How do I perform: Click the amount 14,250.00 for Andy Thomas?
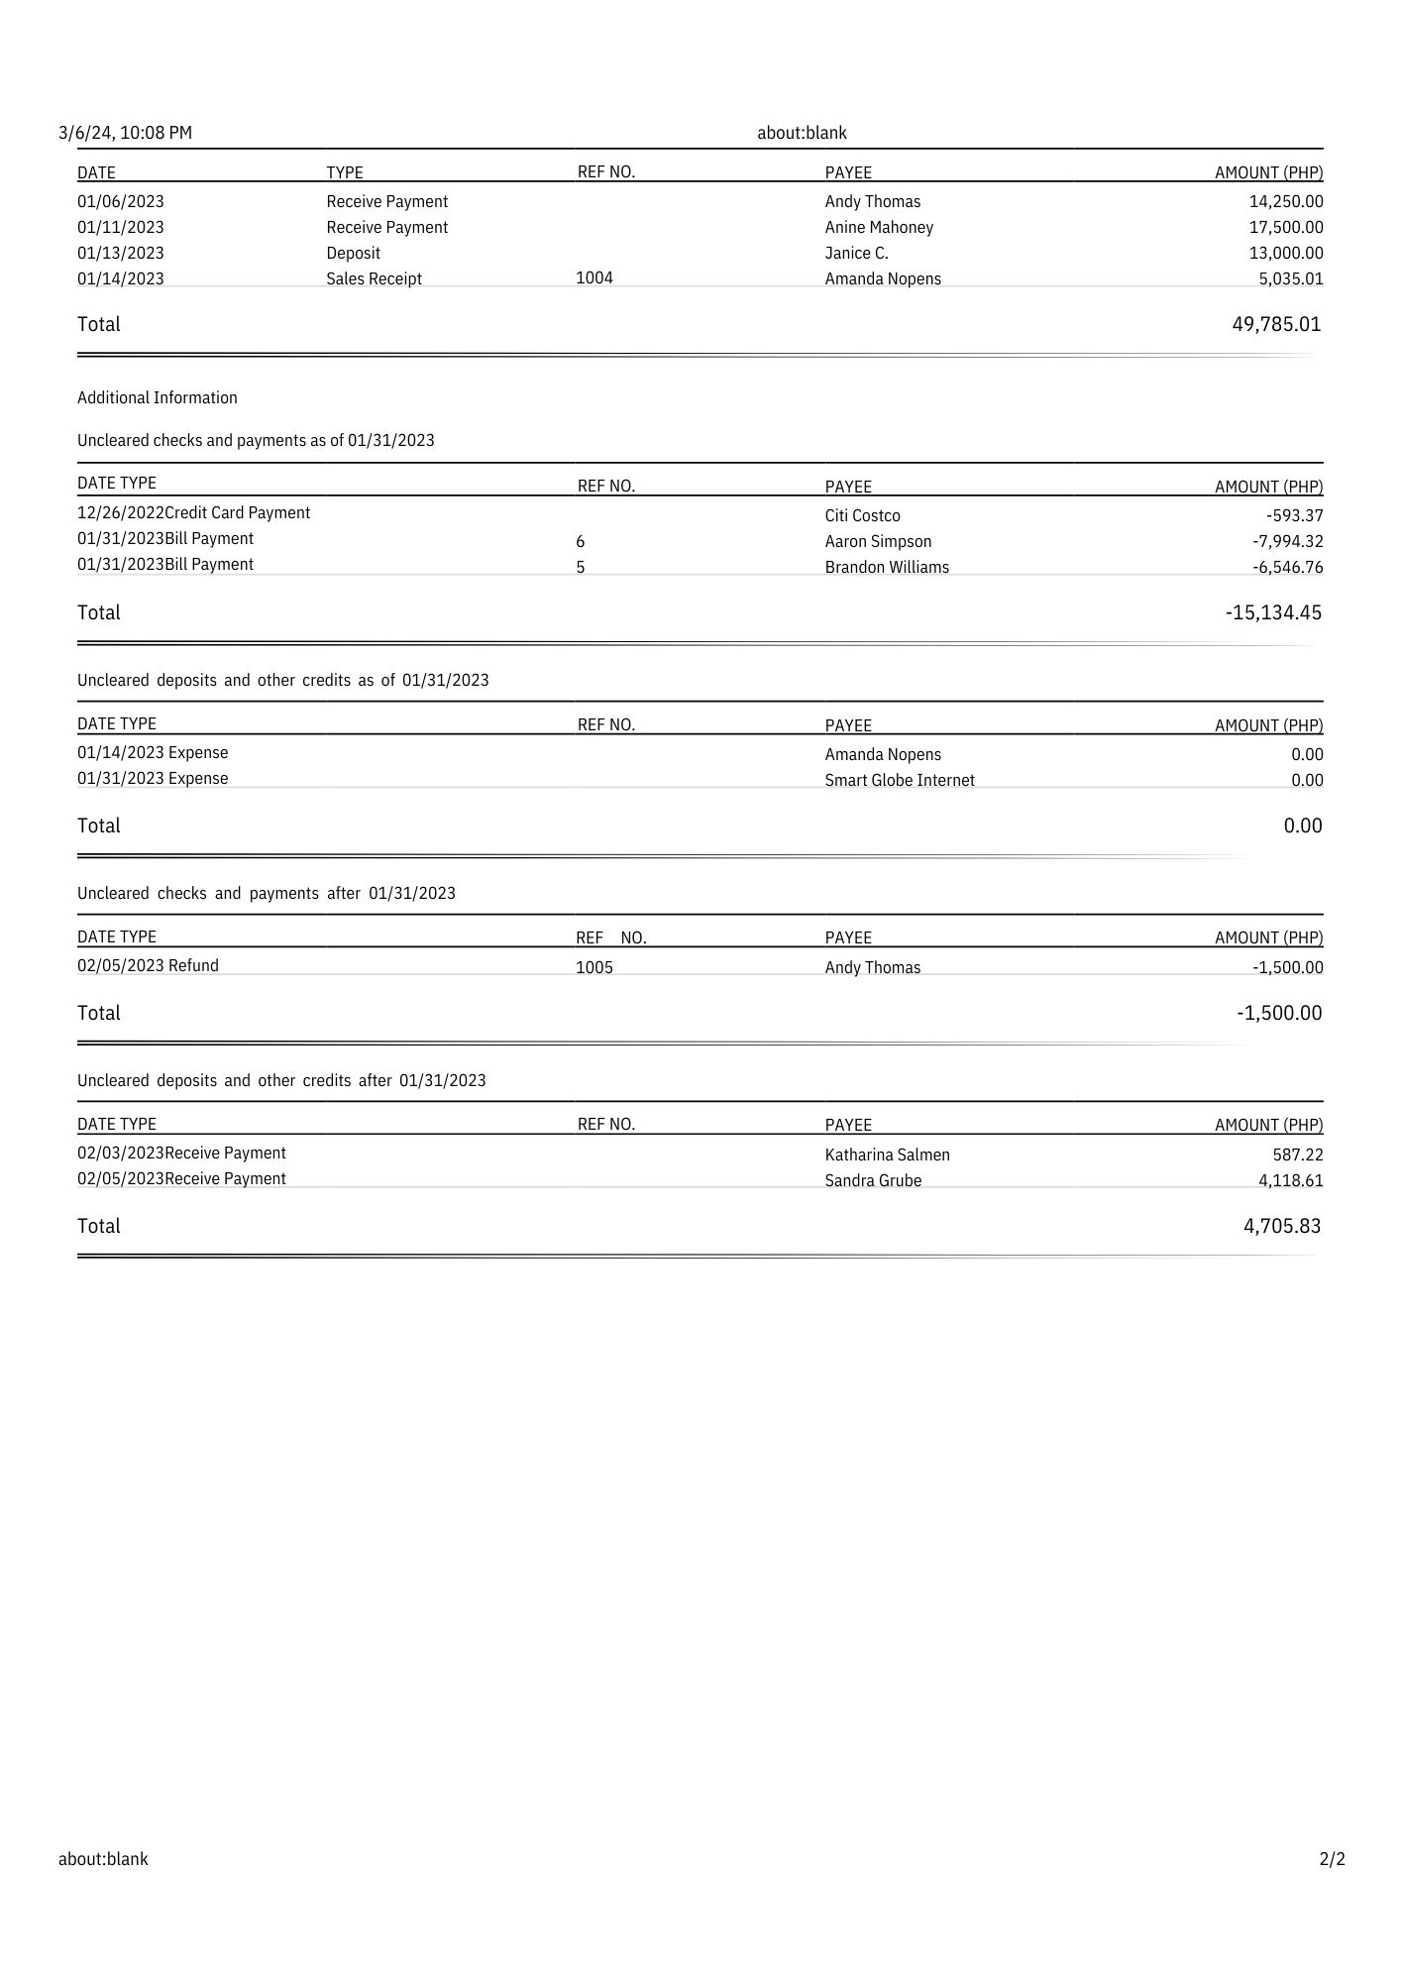tap(1285, 202)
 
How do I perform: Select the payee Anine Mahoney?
tap(879, 228)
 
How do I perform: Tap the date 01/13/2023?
tap(121, 254)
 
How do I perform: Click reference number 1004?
tap(594, 278)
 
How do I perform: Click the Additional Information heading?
tap(158, 398)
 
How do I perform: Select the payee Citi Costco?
tap(862, 516)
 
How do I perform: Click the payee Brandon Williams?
tap(887, 568)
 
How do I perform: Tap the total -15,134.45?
tap(1273, 613)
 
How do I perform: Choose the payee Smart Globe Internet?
tap(900, 781)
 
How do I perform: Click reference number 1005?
tap(594, 968)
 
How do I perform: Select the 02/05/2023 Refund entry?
tap(149, 966)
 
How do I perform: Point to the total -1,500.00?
tap(1279, 1014)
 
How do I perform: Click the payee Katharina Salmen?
tap(887, 1156)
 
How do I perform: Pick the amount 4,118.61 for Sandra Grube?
tap(1290, 1181)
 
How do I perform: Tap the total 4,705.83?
tap(1282, 1227)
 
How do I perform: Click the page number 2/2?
tap(1332, 1859)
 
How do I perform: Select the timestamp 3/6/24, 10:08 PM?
tap(126, 133)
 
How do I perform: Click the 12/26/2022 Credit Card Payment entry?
tap(194, 513)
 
